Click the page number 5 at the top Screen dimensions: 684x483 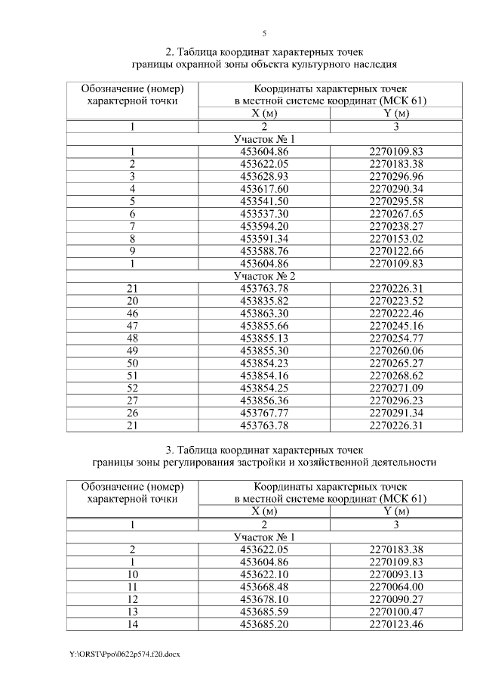coord(264,34)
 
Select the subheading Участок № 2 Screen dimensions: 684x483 coord(264,277)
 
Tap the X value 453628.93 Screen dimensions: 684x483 coord(264,176)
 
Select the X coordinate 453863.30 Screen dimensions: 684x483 coord(264,314)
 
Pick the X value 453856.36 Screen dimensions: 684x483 coord(264,401)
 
